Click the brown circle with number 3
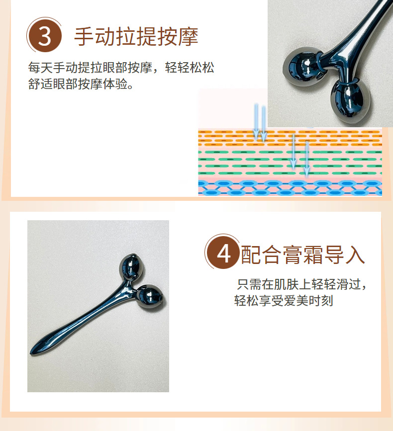[x=45, y=36]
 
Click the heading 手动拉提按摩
[x=136, y=37]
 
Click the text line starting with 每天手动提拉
[x=122, y=68]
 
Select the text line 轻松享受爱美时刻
[x=284, y=301]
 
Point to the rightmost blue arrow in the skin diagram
[x=306, y=158]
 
